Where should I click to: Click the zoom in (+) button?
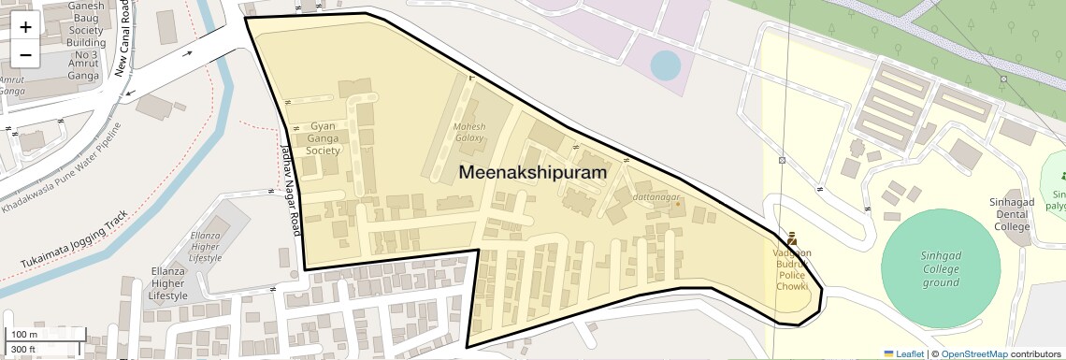(25, 26)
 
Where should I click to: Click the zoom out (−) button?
(25, 54)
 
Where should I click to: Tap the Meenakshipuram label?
(532, 173)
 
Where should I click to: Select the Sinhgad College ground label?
(941, 268)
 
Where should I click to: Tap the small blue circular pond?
(665, 65)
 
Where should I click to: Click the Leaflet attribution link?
(904, 353)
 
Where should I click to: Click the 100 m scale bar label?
(23, 334)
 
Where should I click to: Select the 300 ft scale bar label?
(23, 350)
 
